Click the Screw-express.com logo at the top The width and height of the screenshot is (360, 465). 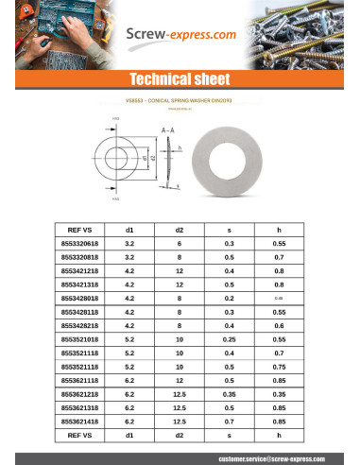click(x=180, y=37)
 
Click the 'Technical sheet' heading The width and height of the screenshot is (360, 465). click(x=180, y=79)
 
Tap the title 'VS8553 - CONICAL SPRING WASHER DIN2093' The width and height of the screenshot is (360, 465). click(x=180, y=99)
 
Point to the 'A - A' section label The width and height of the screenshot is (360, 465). click(x=167, y=129)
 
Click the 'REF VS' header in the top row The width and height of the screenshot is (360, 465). click(x=80, y=230)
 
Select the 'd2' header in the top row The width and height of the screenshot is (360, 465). click(x=180, y=230)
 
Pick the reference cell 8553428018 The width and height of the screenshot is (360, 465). click(x=80, y=298)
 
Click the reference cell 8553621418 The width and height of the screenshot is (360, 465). click(x=80, y=422)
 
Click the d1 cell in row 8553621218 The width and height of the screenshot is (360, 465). click(x=129, y=394)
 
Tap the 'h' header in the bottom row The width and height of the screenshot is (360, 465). click(x=279, y=436)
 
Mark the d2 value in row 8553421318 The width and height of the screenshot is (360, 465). click(x=180, y=284)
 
